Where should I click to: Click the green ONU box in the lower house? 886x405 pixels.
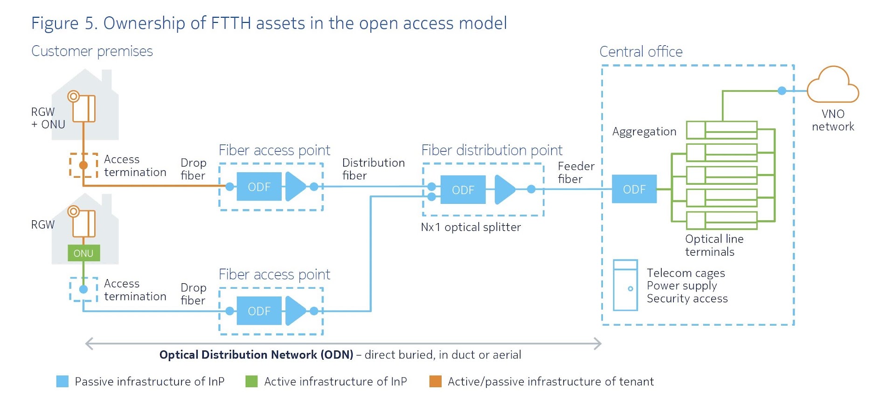[x=83, y=253]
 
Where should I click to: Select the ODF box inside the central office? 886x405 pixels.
[x=634, y=189]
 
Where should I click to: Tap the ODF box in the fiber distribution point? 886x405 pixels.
[x=463, y=190]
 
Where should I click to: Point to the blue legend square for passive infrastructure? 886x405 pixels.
[x=62, y=381]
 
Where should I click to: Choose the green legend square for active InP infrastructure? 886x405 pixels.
[x=251, y=381]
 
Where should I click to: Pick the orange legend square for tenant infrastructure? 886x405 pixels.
[x=435, y=381]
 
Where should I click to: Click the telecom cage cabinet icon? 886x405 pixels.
[x=625, y=285]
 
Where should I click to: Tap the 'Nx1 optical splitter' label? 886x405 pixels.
[x=471, y=227]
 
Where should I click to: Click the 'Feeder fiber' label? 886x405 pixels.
[x=576, y=173]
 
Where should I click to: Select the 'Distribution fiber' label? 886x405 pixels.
[x=373, y=169]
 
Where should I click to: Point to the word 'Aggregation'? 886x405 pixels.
[x=644, y=132]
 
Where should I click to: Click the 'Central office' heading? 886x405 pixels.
[x=641, y=51]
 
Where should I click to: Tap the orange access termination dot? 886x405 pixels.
[x=83, y=165]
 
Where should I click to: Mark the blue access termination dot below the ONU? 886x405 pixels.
[x=83, y=289]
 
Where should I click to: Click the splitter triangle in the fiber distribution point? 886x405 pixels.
[x=504, y=189]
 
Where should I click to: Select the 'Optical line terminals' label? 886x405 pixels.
[x=714, y=245]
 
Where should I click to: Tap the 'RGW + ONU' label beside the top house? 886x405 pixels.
[x=48, y=118]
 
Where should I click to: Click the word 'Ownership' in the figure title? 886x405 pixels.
[x=144, y=23]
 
